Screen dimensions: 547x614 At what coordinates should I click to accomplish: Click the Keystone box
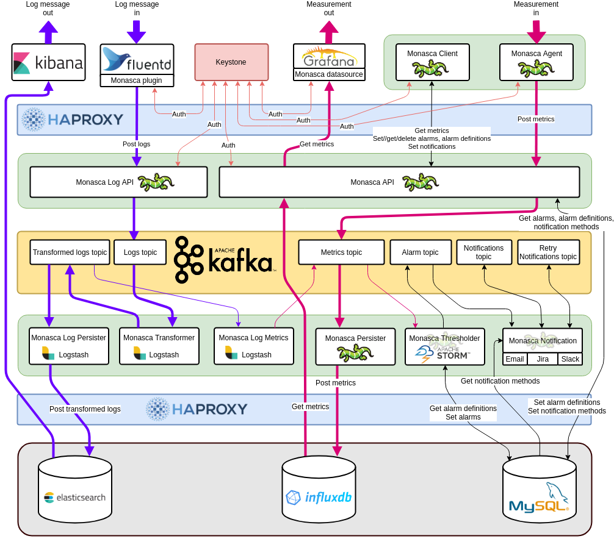click(231, 62)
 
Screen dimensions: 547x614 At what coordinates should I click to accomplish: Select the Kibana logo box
click(48, 62)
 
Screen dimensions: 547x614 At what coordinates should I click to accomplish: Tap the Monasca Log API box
click(118, 182)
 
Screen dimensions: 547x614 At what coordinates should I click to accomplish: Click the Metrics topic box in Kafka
click(341, 252)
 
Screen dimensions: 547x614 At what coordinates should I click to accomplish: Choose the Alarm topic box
click(420, 252)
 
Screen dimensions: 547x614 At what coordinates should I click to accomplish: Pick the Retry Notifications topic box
click(548, 252)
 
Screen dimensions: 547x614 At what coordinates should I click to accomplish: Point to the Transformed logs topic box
click(70, 252)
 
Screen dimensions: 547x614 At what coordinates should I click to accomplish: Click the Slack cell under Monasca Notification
click(570, 359)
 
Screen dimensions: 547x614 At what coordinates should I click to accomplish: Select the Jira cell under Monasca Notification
click(543, 359)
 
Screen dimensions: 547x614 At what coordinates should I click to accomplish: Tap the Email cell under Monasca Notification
click(515, 359)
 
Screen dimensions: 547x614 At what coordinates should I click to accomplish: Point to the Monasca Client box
click(432, 62)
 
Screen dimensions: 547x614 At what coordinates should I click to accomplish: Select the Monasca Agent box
click(536, 62)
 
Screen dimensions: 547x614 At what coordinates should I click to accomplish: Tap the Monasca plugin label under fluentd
click(137, 80)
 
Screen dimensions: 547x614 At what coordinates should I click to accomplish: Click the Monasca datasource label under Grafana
click(329, 75)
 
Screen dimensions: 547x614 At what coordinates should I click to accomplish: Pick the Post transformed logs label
click(85, 409)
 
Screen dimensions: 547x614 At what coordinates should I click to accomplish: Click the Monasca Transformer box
click(159, 346)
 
